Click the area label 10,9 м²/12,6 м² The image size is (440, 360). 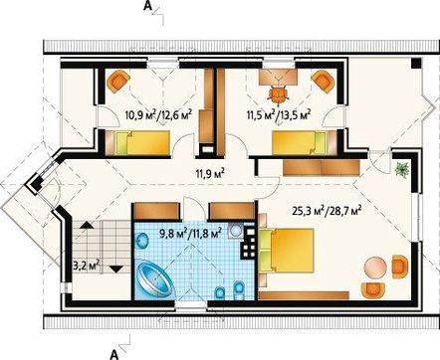(159, 115)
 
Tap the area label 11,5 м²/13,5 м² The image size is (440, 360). (279, 115)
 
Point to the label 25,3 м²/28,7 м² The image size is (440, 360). (327, 210)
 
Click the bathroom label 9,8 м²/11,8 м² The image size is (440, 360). (191, 234)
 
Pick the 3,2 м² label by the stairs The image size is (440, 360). (86, 266)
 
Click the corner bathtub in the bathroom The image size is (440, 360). (155, 277)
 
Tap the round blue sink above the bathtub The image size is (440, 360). (143, 240)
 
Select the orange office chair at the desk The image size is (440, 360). (278, 93)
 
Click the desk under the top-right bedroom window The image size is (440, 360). (278, 76)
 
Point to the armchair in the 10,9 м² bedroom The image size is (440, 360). (118, 82)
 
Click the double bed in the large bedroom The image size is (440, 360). (286, 251)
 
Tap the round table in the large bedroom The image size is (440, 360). (375, 268)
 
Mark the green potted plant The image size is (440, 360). (402, 170)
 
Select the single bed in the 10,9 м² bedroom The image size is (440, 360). (137, 142)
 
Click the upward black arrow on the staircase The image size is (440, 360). (86, 226)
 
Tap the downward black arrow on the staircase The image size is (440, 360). (116, 269)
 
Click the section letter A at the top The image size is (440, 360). (147, 6)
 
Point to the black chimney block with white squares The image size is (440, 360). (249, 242)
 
